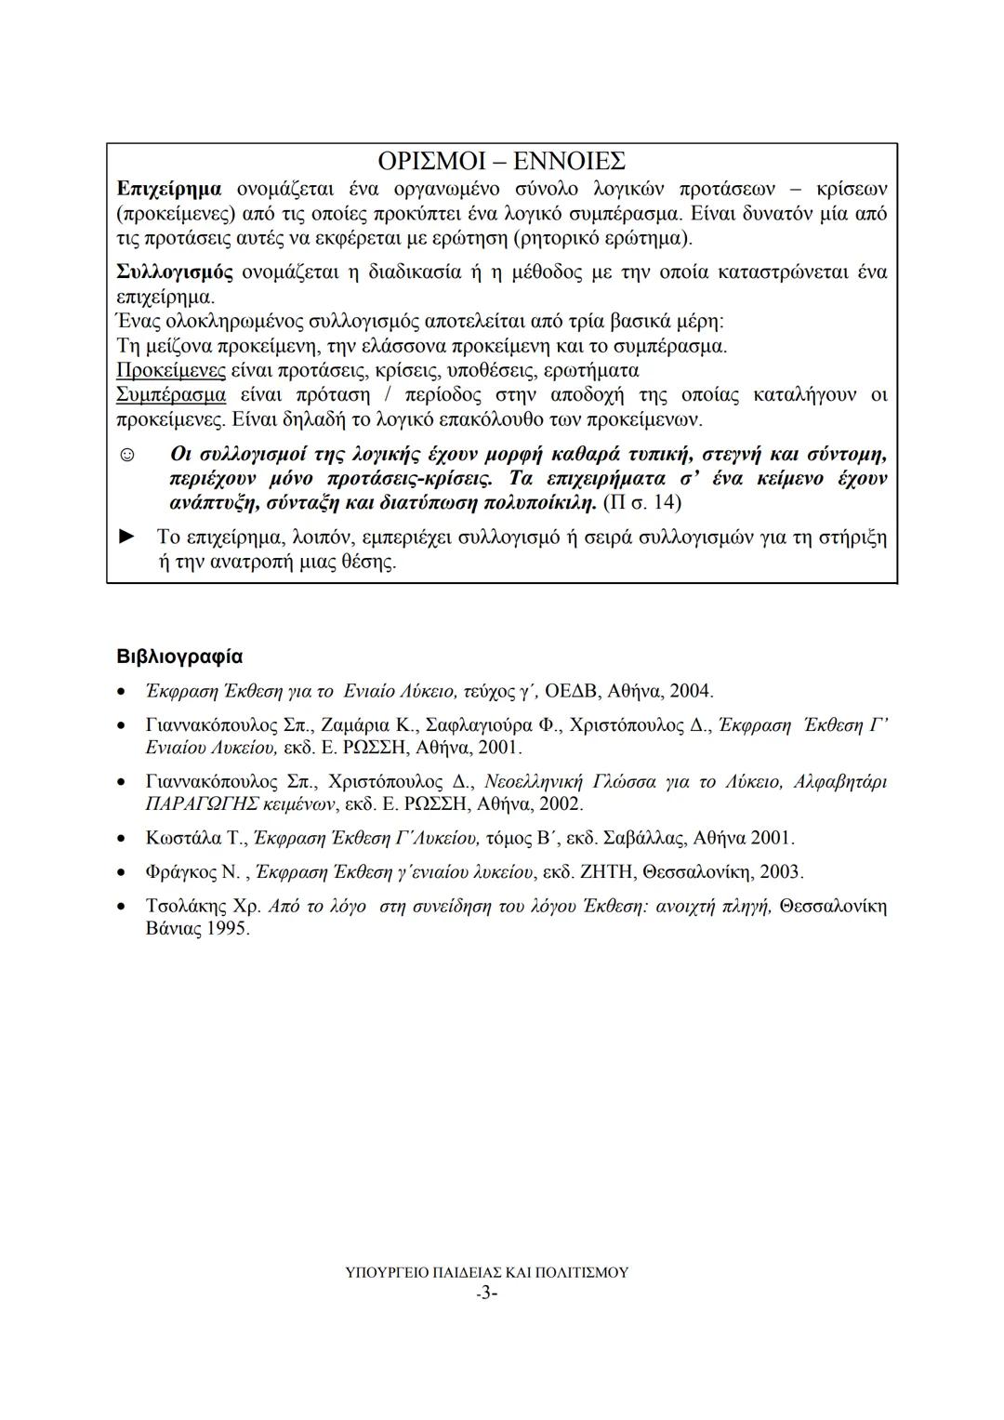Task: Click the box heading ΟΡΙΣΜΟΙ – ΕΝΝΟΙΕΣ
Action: (x=503, y=161)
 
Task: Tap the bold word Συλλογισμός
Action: (x=175, y=272)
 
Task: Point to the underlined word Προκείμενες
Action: (x=171, y=371)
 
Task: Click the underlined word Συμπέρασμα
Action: (x=171, y=395)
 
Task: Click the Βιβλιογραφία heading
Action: (x=179, y=657)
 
